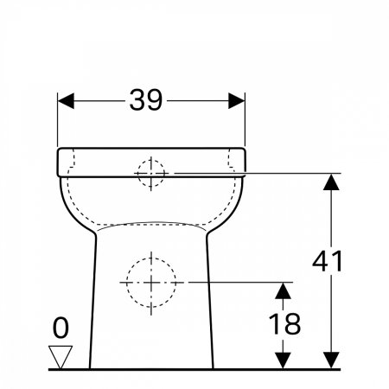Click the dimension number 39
click(x=146, y=100)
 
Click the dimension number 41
click(x=328, y=261)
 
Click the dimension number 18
click(x=284, y=323)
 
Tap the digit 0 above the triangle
click(x=61, y=328)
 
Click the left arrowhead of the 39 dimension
click(x=66, y=101)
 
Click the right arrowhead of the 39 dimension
click(x=237, y=101)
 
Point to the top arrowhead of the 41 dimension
click(x=331, y=182)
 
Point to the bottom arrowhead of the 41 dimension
click(x=331, y=360)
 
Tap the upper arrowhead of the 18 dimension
click(x=283, y=290)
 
